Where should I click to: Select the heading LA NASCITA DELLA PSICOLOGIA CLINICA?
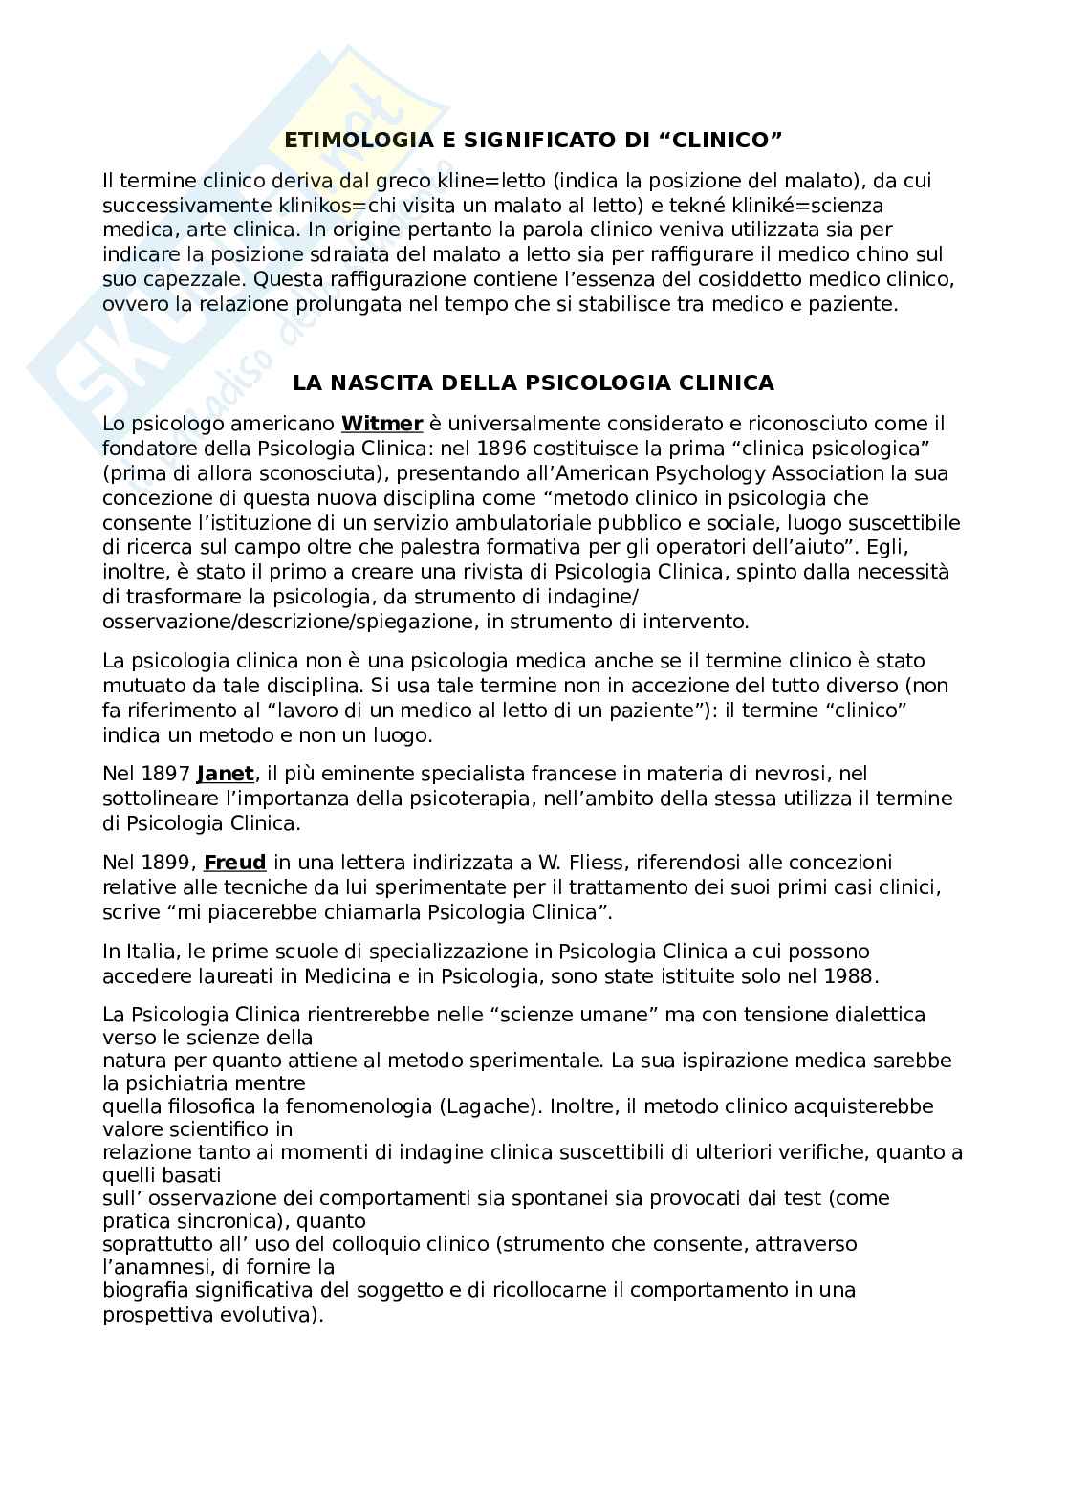(x=533, y=383)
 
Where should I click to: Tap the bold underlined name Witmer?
(x=381, y=423)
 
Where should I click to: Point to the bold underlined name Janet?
(x=226, y=773)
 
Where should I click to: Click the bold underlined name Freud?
(x=235, y=862)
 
